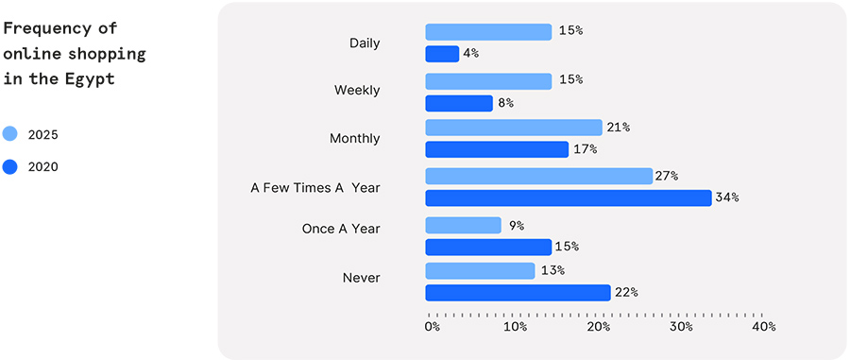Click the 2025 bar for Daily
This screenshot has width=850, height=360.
(488, 32)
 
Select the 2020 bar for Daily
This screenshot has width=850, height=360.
(442, 54)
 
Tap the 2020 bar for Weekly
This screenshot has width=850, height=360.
(459, 103)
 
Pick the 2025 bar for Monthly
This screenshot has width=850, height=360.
(514, 128)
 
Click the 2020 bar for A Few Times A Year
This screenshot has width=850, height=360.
(568, 197)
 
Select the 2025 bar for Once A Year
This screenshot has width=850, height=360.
(463, 226)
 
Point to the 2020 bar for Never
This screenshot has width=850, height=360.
(518, 293)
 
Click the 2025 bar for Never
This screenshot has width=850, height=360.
(480, 271)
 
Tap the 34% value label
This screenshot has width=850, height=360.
(726, 197)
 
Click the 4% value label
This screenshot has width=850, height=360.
(470, 54)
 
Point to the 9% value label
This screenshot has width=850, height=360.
(516, 226)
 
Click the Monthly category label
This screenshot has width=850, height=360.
(354, 139)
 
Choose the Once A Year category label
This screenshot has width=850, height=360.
(341, 229)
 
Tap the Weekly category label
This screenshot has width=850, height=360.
(357, 91)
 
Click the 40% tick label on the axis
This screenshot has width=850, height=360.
(763, 327)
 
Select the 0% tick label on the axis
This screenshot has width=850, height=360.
(432, 327)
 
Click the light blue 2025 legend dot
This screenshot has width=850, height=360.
(10, 134)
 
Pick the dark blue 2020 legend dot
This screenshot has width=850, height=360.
(10, 167)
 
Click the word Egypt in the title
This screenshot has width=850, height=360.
(89, 79)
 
